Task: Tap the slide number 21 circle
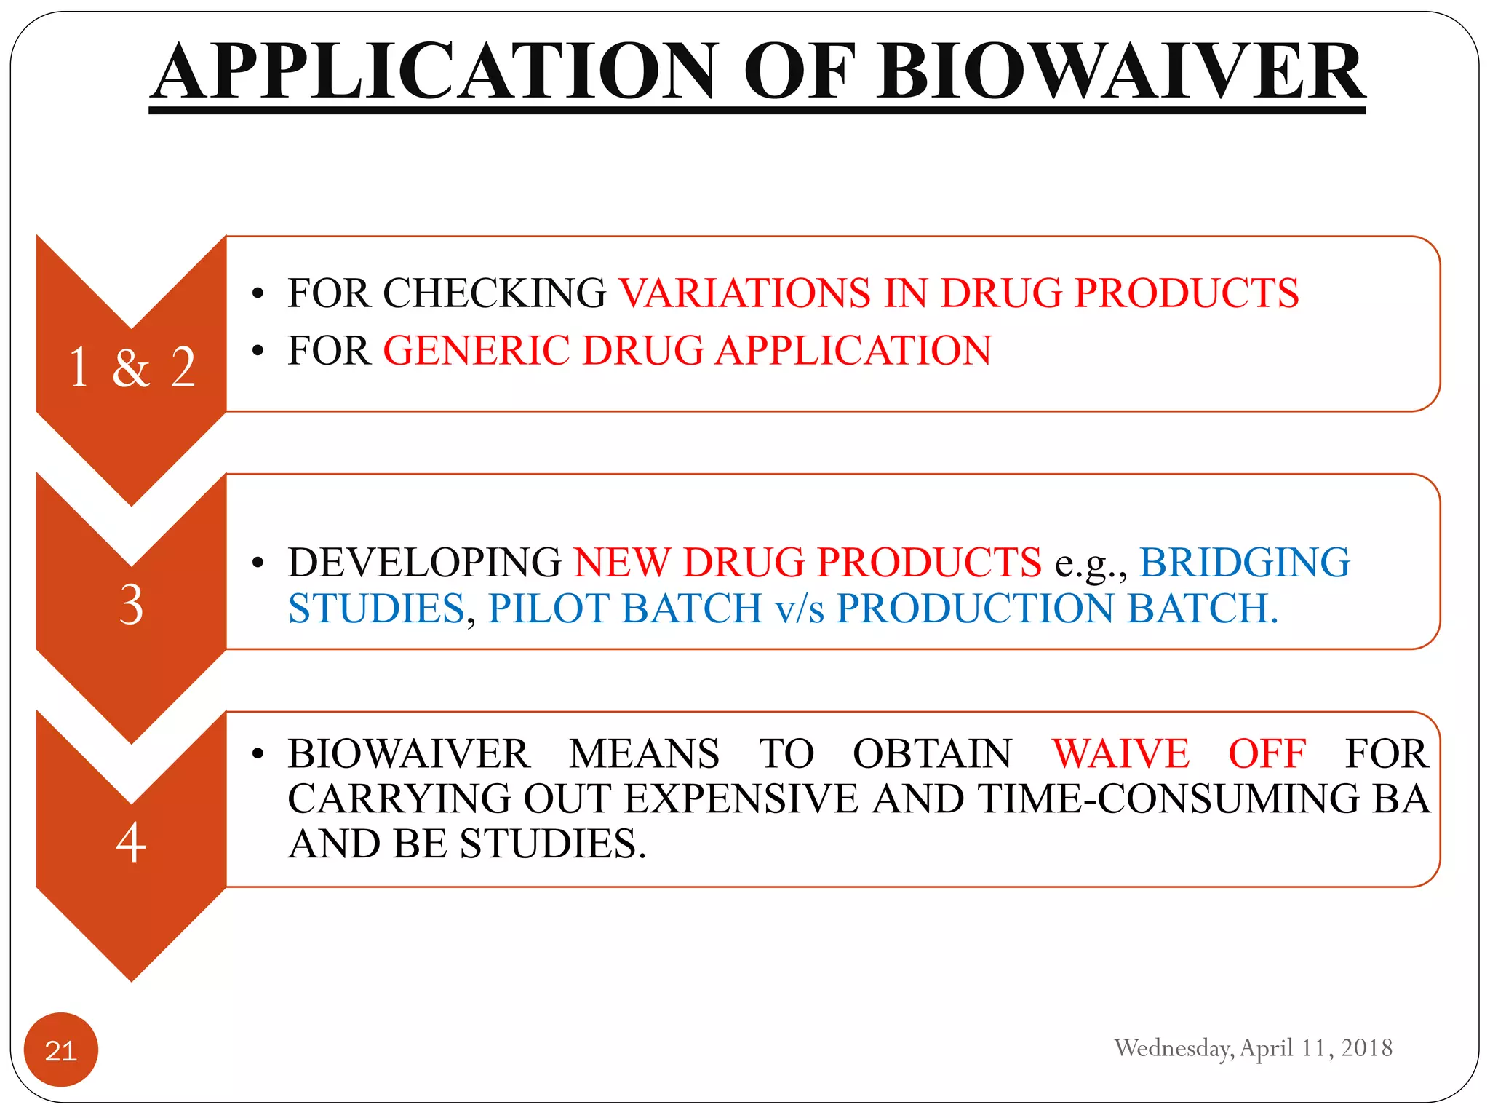click(61, 1050)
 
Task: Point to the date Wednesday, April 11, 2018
click(1253, 1047)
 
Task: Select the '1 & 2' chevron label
click(132, 367)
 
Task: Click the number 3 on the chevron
click(132, 604)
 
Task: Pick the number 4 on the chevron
click(132, 842)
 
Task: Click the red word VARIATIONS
click(744, 293)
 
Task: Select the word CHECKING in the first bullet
click(495, 293)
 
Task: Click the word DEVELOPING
click(424, 562)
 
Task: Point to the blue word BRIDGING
click(1244, 562)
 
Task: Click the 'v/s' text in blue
click(800, 608)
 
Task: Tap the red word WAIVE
click(1120, 753)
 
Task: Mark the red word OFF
click(1267, 753)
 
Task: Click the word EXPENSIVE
click(741, 798)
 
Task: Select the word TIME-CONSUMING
click(1168, 798)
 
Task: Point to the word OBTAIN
click(932, 753)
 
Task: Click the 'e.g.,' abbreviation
click(1091, 563)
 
